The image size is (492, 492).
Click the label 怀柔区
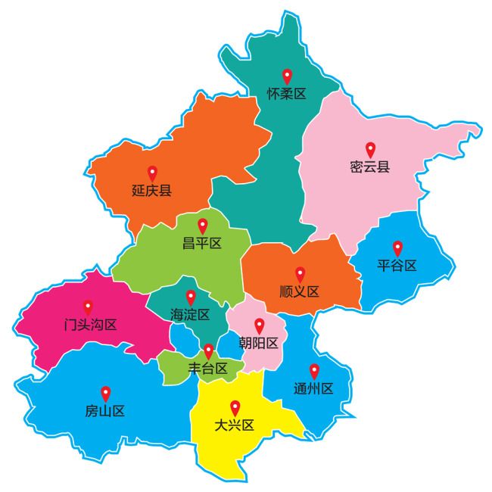(x=286, y=95)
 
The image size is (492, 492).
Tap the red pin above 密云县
(x=370, y=150)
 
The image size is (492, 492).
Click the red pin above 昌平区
(x=202, y=226)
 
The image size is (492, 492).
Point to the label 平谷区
(x=397, y=266)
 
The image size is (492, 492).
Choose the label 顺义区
(x=300, y=291)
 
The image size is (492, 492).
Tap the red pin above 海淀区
(x=190, y=297)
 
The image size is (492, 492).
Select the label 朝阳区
(x=259, y=343)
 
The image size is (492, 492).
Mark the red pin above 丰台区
(x=208, y=351)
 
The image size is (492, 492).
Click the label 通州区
(x=313, y=389)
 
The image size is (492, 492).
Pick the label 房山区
(x=105, y=412)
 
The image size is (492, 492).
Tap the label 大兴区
(x=235, y=425)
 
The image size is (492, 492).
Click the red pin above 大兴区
(x=235, y=406)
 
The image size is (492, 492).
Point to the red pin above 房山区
(x=105, y=393)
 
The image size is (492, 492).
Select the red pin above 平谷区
(x=397, y=248)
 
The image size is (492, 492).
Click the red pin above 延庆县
(x=151, y=172)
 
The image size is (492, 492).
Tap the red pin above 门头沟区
(x=88, y=307)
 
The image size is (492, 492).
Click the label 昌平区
(x=202, y=244)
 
